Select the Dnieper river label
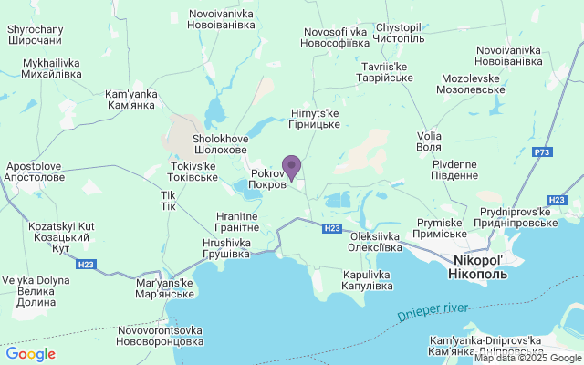[x=433, y=310]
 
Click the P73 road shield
[x=544, y=151]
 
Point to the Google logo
[x=30, y=354]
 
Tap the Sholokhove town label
[x=219, y=144]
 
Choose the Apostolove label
[x=35, y=172]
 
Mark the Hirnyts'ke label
[x=314, y=119]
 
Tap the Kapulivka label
[x=368, y=280]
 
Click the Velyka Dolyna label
[x=36, y=292]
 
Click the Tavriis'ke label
[x=388, y=72]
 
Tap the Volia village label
[x=428, y=141]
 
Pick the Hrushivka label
[x=225, y=248]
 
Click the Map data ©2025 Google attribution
[x=527, y=358]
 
